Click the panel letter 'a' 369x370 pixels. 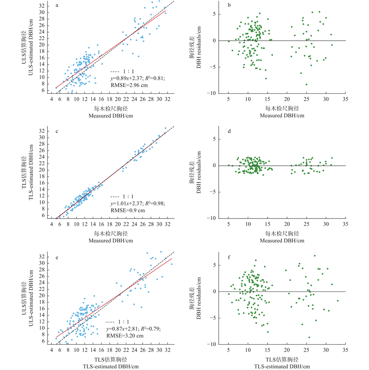pyautogui.click(x=57, y=6)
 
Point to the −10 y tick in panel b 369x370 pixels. pyautogui.click(x=214, y=93)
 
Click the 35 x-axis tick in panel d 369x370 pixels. pyautogui.click(x=345, y=224)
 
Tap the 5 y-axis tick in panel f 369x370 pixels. pyautogui.click(x=215, y=265)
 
